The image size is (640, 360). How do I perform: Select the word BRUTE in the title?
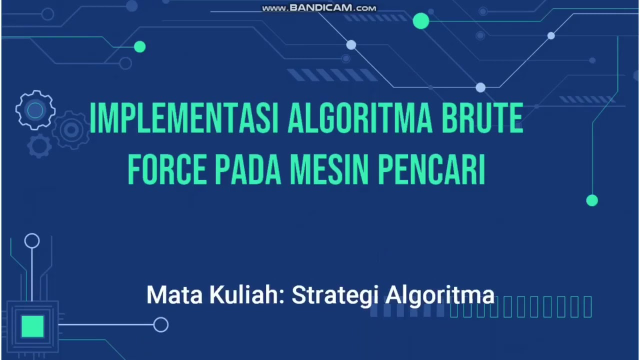click(482, 118)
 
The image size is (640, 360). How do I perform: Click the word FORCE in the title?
click(167, 170)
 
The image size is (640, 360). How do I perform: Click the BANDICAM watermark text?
click(319, 8)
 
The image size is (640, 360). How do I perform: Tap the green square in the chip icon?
click(32, 326)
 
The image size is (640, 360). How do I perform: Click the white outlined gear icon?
click(35, 110)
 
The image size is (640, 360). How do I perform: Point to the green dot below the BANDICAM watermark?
click(421, 21)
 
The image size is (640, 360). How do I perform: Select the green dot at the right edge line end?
click(592, 200)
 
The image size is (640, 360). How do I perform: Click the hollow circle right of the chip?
click(161, 325)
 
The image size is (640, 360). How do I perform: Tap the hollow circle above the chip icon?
click(32, 241)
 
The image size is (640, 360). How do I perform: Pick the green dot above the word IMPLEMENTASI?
click(140, 47)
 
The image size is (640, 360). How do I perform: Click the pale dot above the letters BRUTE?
click(480, 88)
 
